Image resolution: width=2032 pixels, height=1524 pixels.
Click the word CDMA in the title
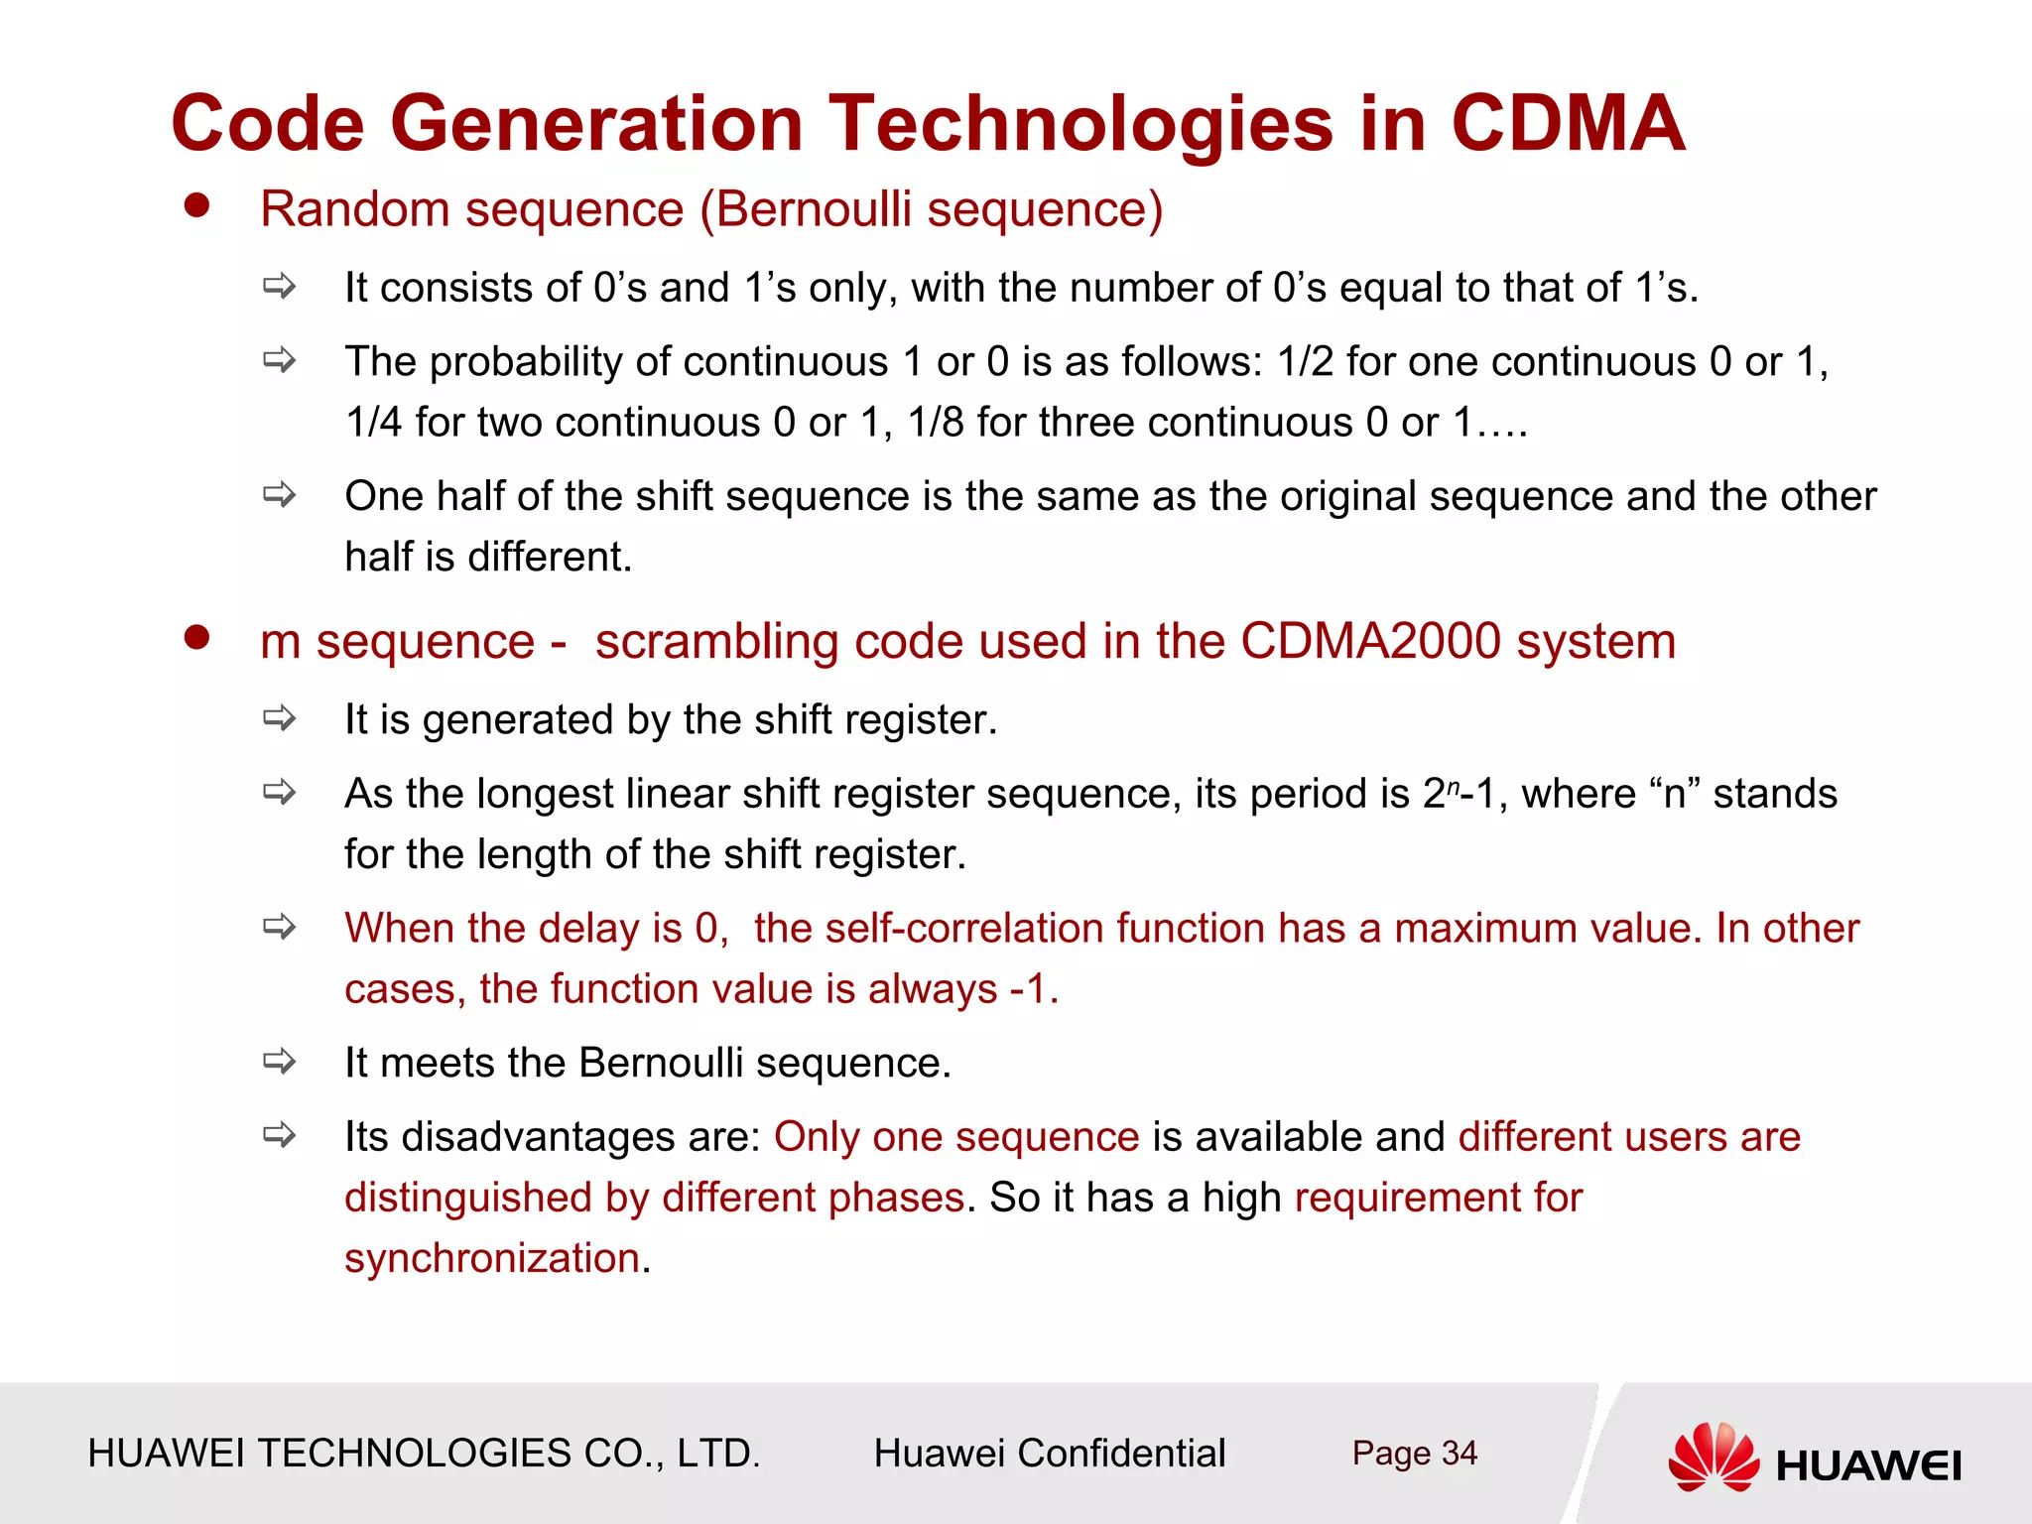[x=1567, y=123]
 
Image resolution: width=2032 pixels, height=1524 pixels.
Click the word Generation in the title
[x=595, y=123]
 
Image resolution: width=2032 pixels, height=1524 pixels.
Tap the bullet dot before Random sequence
[x=197, y=205]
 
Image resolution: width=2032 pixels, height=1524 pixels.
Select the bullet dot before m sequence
[x=197, y=637]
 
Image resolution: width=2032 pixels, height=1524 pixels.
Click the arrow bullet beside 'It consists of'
[x=280, y=287]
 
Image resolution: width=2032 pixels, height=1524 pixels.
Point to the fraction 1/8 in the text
[x=935, y=423]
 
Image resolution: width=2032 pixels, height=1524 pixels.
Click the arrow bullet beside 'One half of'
[x=280, y=494]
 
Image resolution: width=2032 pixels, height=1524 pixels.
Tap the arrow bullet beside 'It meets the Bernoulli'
[x=280, y=1062]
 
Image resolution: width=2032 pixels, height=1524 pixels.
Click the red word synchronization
[x=492, y=1258]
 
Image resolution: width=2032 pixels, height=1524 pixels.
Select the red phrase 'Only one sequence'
[x=956, y=1137]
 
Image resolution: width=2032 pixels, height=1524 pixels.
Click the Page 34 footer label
[x=1414, y=1454]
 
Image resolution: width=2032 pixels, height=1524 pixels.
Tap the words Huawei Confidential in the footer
[x=1049, y=1454]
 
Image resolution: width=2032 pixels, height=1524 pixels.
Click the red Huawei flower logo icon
[x=1714, y=1457]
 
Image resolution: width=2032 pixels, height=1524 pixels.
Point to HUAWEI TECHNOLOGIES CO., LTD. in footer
[x=424, y=1454]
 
